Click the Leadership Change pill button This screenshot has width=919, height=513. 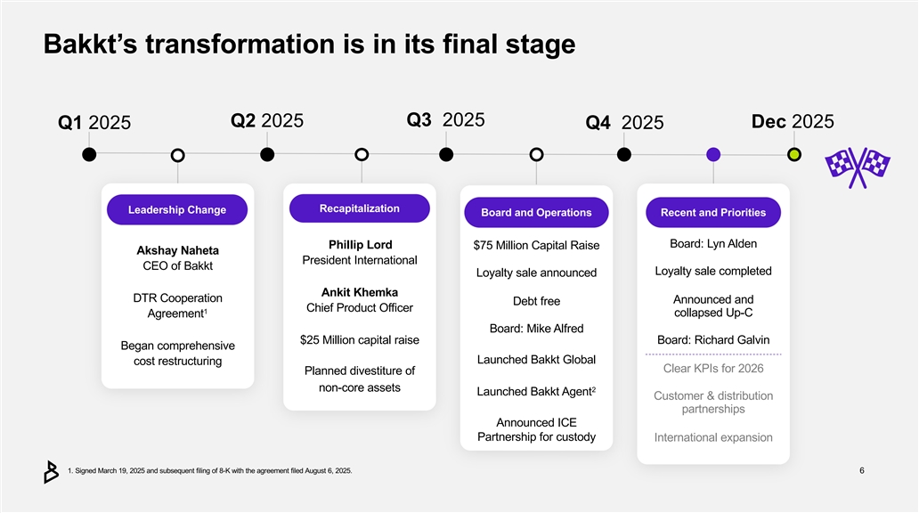point(177,210)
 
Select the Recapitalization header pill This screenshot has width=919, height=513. point(359,208)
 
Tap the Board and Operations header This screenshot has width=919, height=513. point(536,213)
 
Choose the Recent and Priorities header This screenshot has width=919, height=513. point(713,213)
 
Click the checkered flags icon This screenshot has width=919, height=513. point(858,166)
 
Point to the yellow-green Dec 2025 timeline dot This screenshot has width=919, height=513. point(794,155)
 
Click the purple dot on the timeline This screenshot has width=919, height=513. point(712,155)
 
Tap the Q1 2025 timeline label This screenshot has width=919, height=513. point(94,123)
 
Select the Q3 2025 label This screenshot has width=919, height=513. point(445,119)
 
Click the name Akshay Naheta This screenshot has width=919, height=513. point(178,250)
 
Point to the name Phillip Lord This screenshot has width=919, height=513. point(360,245)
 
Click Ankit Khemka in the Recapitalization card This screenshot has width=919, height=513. point(360,292)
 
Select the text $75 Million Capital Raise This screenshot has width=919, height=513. point(536,246)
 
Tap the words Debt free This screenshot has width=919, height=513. point(536,301)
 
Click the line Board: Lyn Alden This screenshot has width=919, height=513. point(713,244)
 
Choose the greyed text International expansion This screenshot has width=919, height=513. point(713,437)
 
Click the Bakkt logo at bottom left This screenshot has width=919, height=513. point(51,472)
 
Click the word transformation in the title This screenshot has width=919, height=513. point(237,44)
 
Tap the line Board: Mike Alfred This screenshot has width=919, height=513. point(536,329)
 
